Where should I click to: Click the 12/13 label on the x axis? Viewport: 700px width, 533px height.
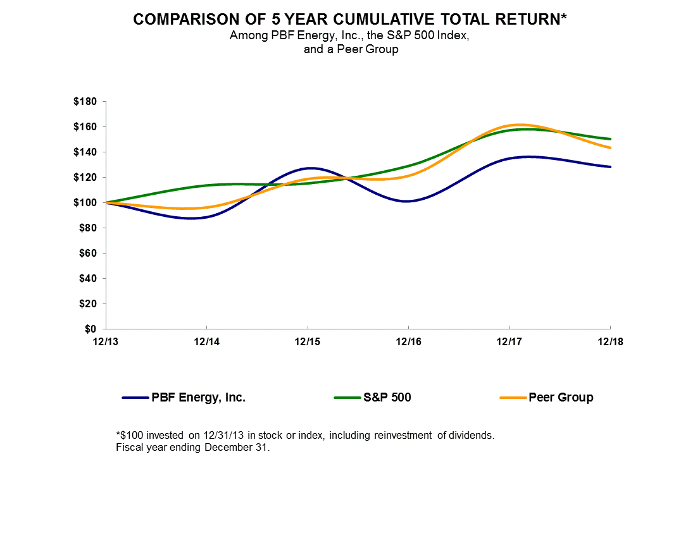click(106, 342)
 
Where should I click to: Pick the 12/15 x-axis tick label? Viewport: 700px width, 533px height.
click(308, 342)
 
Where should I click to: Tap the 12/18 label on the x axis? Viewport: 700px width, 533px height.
click(610, 342)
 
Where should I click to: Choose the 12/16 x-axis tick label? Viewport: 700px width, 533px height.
click(408, 342)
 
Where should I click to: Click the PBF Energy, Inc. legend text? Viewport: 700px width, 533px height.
click(198, 398)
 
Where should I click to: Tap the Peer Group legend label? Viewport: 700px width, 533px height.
click(561, 398)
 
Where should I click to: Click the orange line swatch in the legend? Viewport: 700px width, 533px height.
click(513, 398)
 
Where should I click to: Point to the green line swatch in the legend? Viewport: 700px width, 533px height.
click(347, 398)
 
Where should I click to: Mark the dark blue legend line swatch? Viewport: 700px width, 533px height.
click(135, 398)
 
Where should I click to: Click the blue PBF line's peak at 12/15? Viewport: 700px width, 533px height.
click(308, 168)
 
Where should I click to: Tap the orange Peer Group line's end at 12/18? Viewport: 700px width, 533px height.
click(610, 148)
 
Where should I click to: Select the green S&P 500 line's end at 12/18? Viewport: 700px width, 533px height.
click(610, 139)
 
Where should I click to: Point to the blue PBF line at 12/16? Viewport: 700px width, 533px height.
click(408, 201)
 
